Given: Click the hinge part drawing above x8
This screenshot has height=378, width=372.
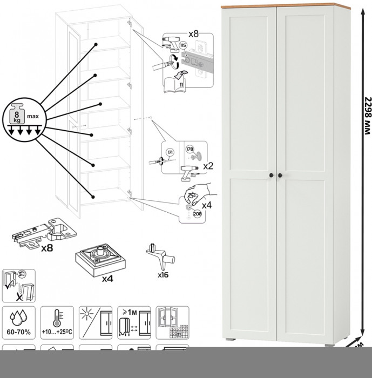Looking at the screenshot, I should (x=46, y=232).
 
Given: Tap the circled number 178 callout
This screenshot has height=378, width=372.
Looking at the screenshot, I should (x=190, y=149).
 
